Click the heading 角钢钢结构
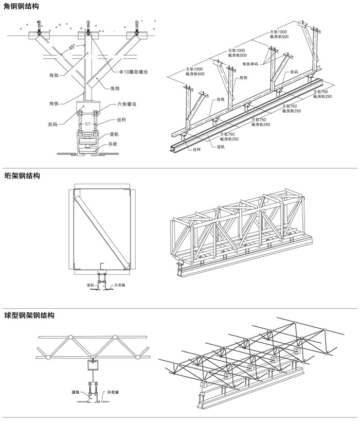[20, 7]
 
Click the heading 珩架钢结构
[20, 175]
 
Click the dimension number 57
[88, 125]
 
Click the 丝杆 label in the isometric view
[196, 150]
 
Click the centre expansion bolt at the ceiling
[88, 27]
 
